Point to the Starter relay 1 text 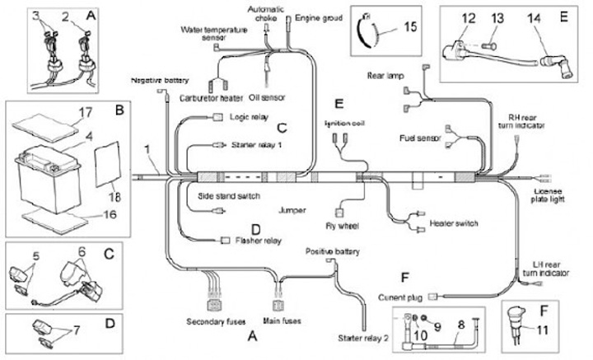point(259,144)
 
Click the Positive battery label point(335,250)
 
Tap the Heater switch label point(455,223)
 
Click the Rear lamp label point(385,77)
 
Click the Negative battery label point(160,81)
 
